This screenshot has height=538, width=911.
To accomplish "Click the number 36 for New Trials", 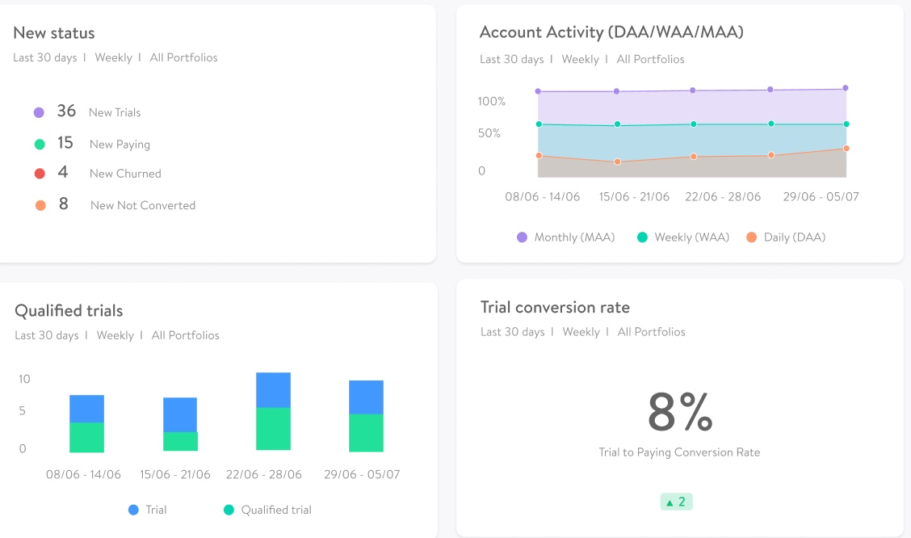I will click(x=66, y=111).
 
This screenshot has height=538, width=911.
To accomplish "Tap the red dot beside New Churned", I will click(x=40, y=174).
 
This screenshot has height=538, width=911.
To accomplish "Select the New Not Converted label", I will click(x=143, y=205).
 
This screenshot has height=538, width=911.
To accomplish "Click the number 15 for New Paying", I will click(x=65, y=143).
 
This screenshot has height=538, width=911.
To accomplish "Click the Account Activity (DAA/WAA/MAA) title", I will click(x=611, y=32).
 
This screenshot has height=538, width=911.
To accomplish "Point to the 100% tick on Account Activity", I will click(x=491, y=102).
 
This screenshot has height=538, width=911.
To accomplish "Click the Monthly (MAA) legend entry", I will click(x=565, y=237).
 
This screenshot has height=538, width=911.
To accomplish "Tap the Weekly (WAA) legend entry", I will click(x=682, y=237).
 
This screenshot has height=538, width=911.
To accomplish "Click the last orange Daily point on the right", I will click(x=846, y=148).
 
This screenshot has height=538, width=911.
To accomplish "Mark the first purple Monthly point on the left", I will click(x=538, y=91).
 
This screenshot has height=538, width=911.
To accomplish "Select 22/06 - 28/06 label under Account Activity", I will click(x=723, y=196).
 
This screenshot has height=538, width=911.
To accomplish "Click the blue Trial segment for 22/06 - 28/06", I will click(x=273, y=390).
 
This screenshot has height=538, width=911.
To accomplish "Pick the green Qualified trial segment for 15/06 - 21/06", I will click(x=180, y=441).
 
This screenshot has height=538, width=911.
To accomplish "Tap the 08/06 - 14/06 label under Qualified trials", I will click(x=83, y=474).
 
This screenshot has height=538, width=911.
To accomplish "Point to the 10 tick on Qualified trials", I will click(x=24, y=379).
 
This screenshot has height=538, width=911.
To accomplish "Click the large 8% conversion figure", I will click(x=679, y=412).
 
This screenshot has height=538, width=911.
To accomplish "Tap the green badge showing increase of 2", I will click(x=676, y=502).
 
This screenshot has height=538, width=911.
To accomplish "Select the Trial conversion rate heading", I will click(x=555, y=308).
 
